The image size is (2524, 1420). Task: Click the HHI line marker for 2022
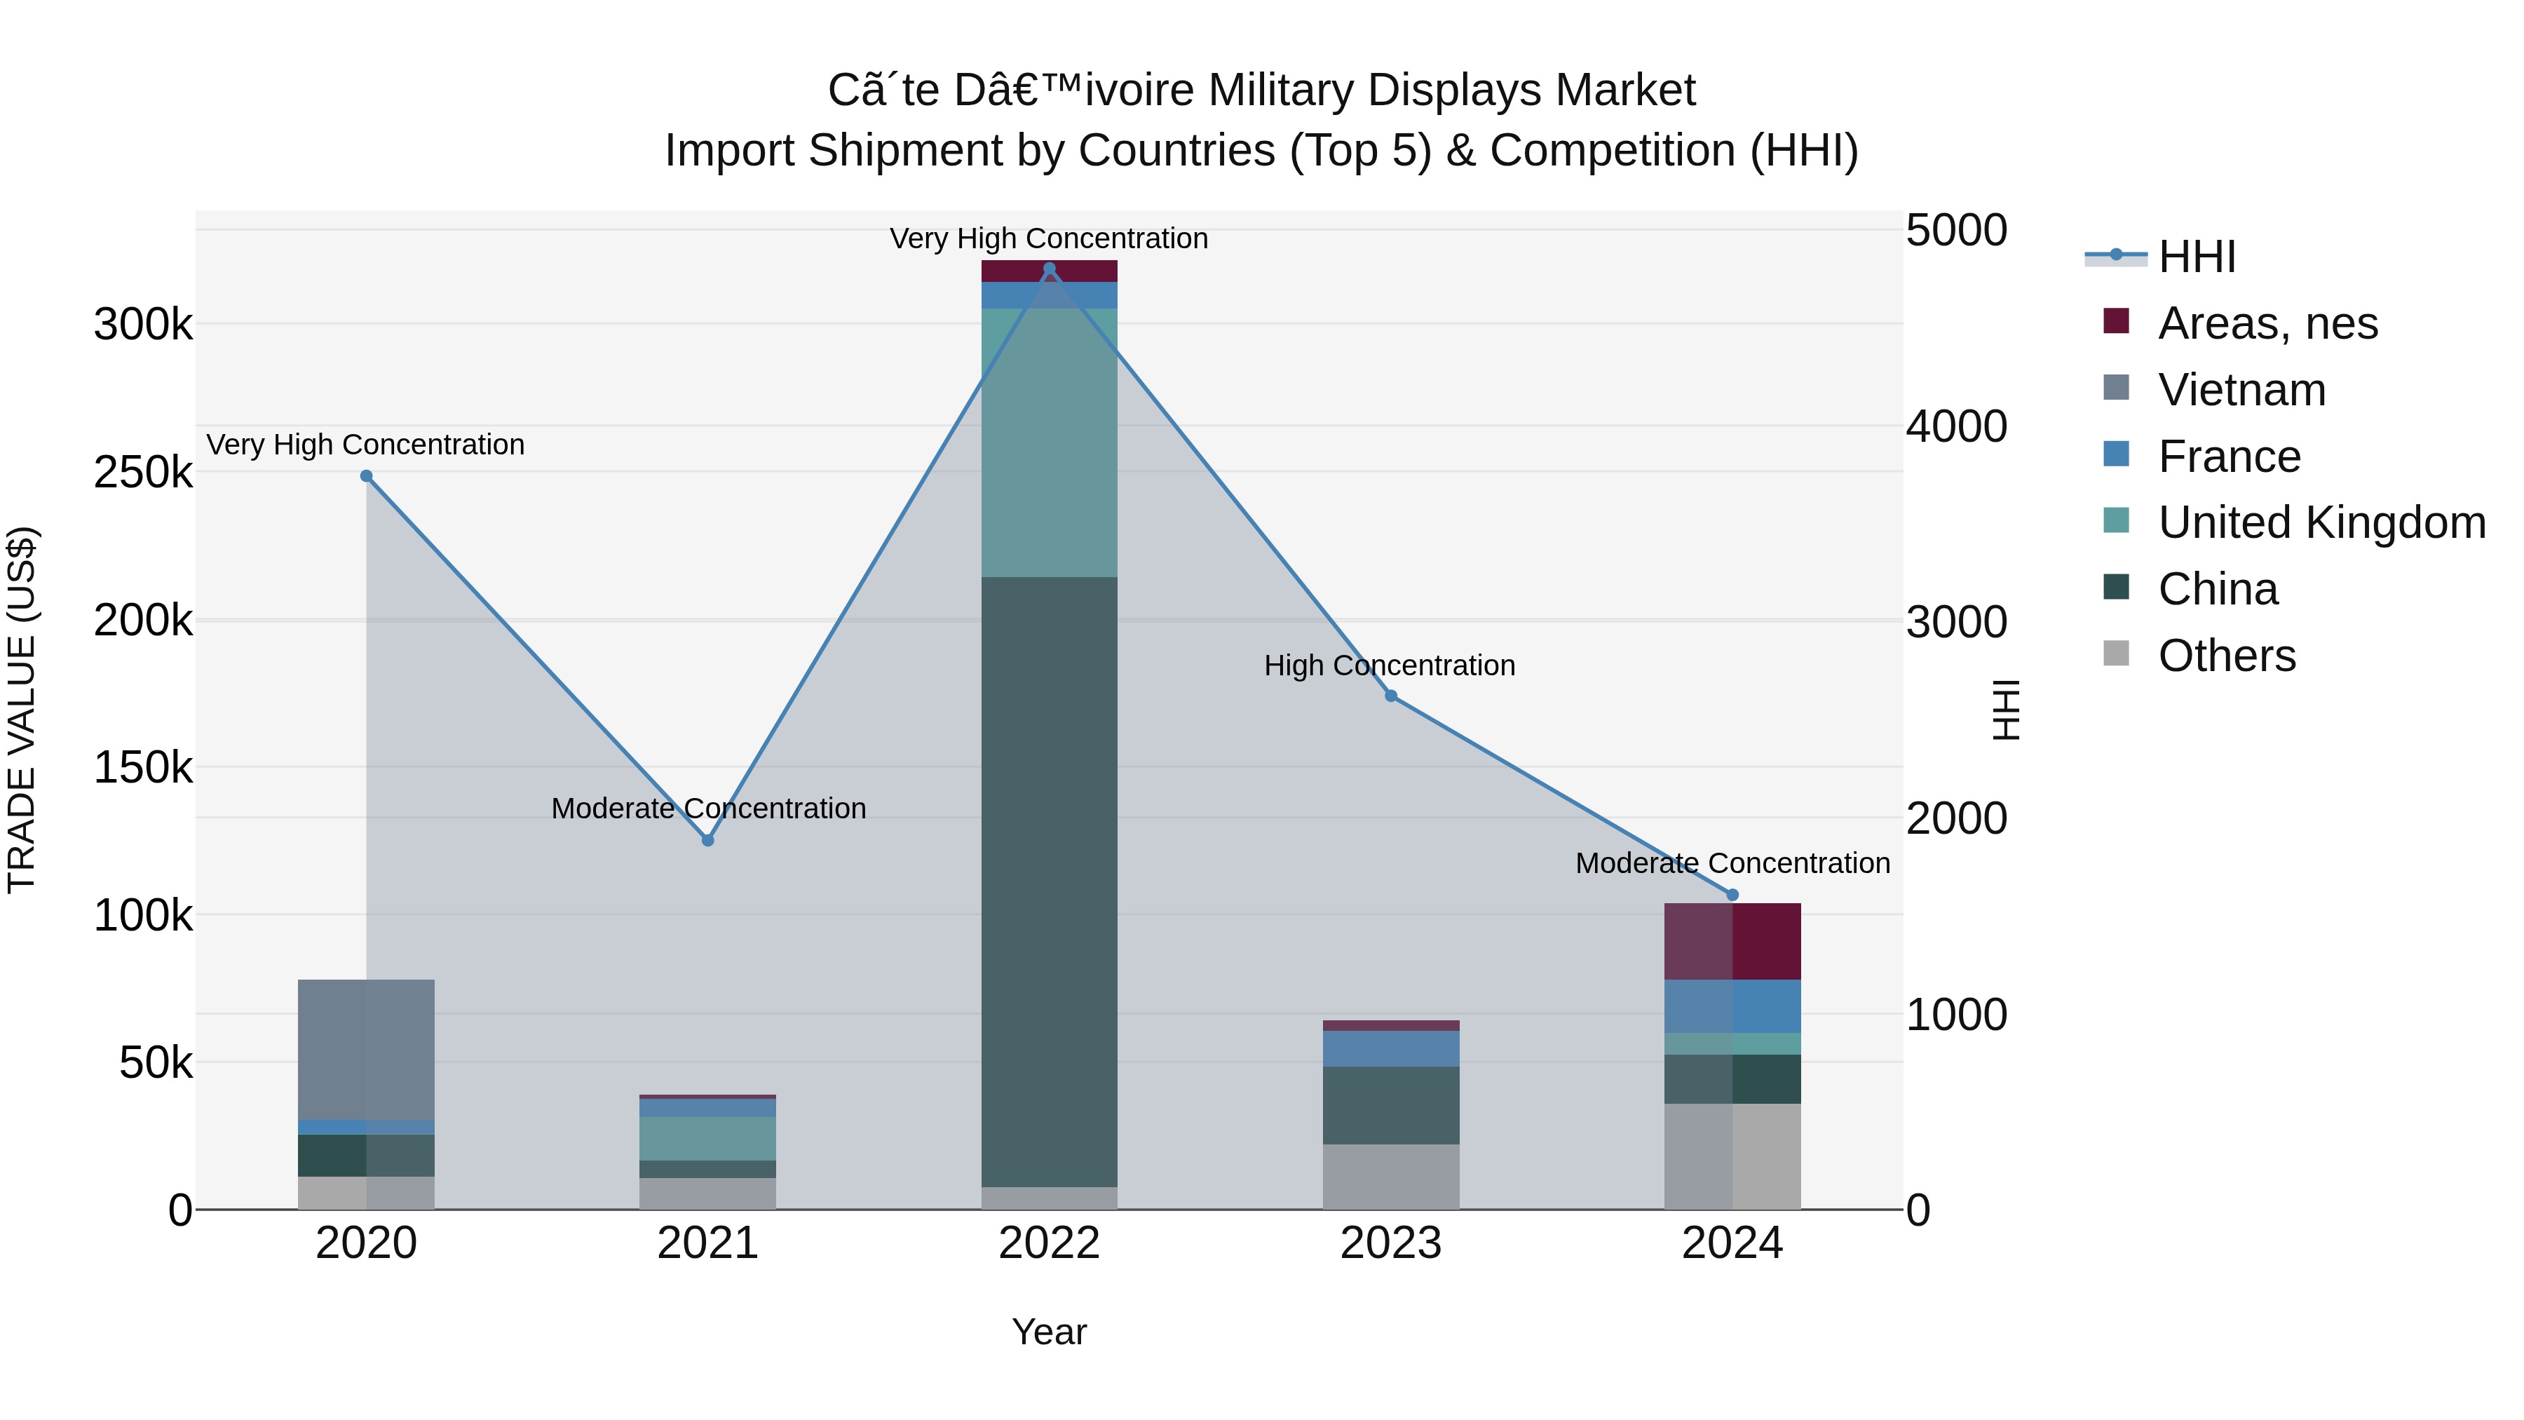coord(1050,269)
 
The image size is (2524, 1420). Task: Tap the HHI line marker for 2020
coord(367,476)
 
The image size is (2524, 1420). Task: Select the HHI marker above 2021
coord(707,840)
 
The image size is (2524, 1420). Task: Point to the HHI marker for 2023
coord(1390,696)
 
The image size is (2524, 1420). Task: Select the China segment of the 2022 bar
coord(1050,882)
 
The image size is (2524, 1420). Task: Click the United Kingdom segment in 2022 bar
coord(1050,443)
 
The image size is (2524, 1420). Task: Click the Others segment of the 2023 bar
coord(1390,1176)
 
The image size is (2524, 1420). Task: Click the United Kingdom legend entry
coord(2321,522)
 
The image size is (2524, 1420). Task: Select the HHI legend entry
coord(2197,257)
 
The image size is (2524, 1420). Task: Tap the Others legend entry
coord(2226,656)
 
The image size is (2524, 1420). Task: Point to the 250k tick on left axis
coord(143,473)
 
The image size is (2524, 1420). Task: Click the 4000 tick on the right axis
coord(1955,426)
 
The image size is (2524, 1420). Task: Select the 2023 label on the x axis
coord(1390,1243)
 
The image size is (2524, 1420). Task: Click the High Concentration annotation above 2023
coord(1390,665)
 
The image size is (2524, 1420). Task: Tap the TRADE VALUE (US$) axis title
coord(22,710)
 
